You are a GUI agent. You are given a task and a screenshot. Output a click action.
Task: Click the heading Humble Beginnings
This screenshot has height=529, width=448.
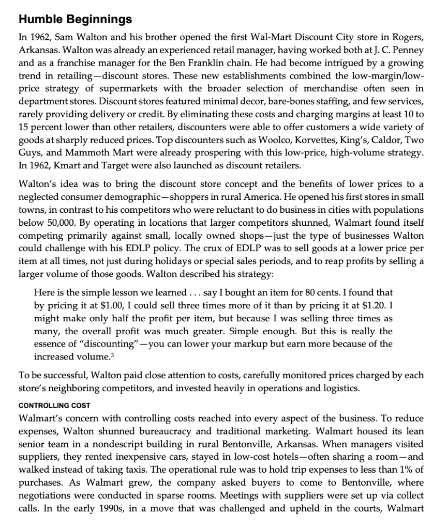pyautogui.click(x=74, y=20)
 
